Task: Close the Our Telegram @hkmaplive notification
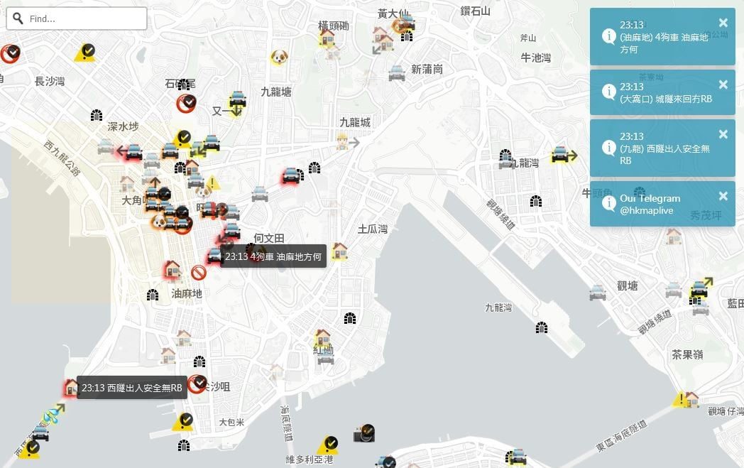tap(723, 196)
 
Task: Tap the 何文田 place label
tap(269, 239)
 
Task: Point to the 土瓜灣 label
tap(373, 229)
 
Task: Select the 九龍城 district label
tap(355, 123)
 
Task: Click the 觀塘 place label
tap(628, 285)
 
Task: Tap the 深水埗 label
tap(123, 127)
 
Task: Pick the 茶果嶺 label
tap(687, 354)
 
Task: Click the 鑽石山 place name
tap(476, 11)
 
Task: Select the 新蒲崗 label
tap(427, 69)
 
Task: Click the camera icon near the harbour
tap(363, 433)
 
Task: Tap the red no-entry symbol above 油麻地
tap(199, 273)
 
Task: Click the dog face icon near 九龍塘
tap(279, 58)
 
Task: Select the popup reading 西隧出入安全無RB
tap(132, 388)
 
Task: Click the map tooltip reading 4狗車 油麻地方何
tap(273, 256)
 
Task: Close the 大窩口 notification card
tap(723, 85)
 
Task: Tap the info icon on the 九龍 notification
tap(608, 148)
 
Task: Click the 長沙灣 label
tap(50, 82)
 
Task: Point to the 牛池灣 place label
tap(536, 58)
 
